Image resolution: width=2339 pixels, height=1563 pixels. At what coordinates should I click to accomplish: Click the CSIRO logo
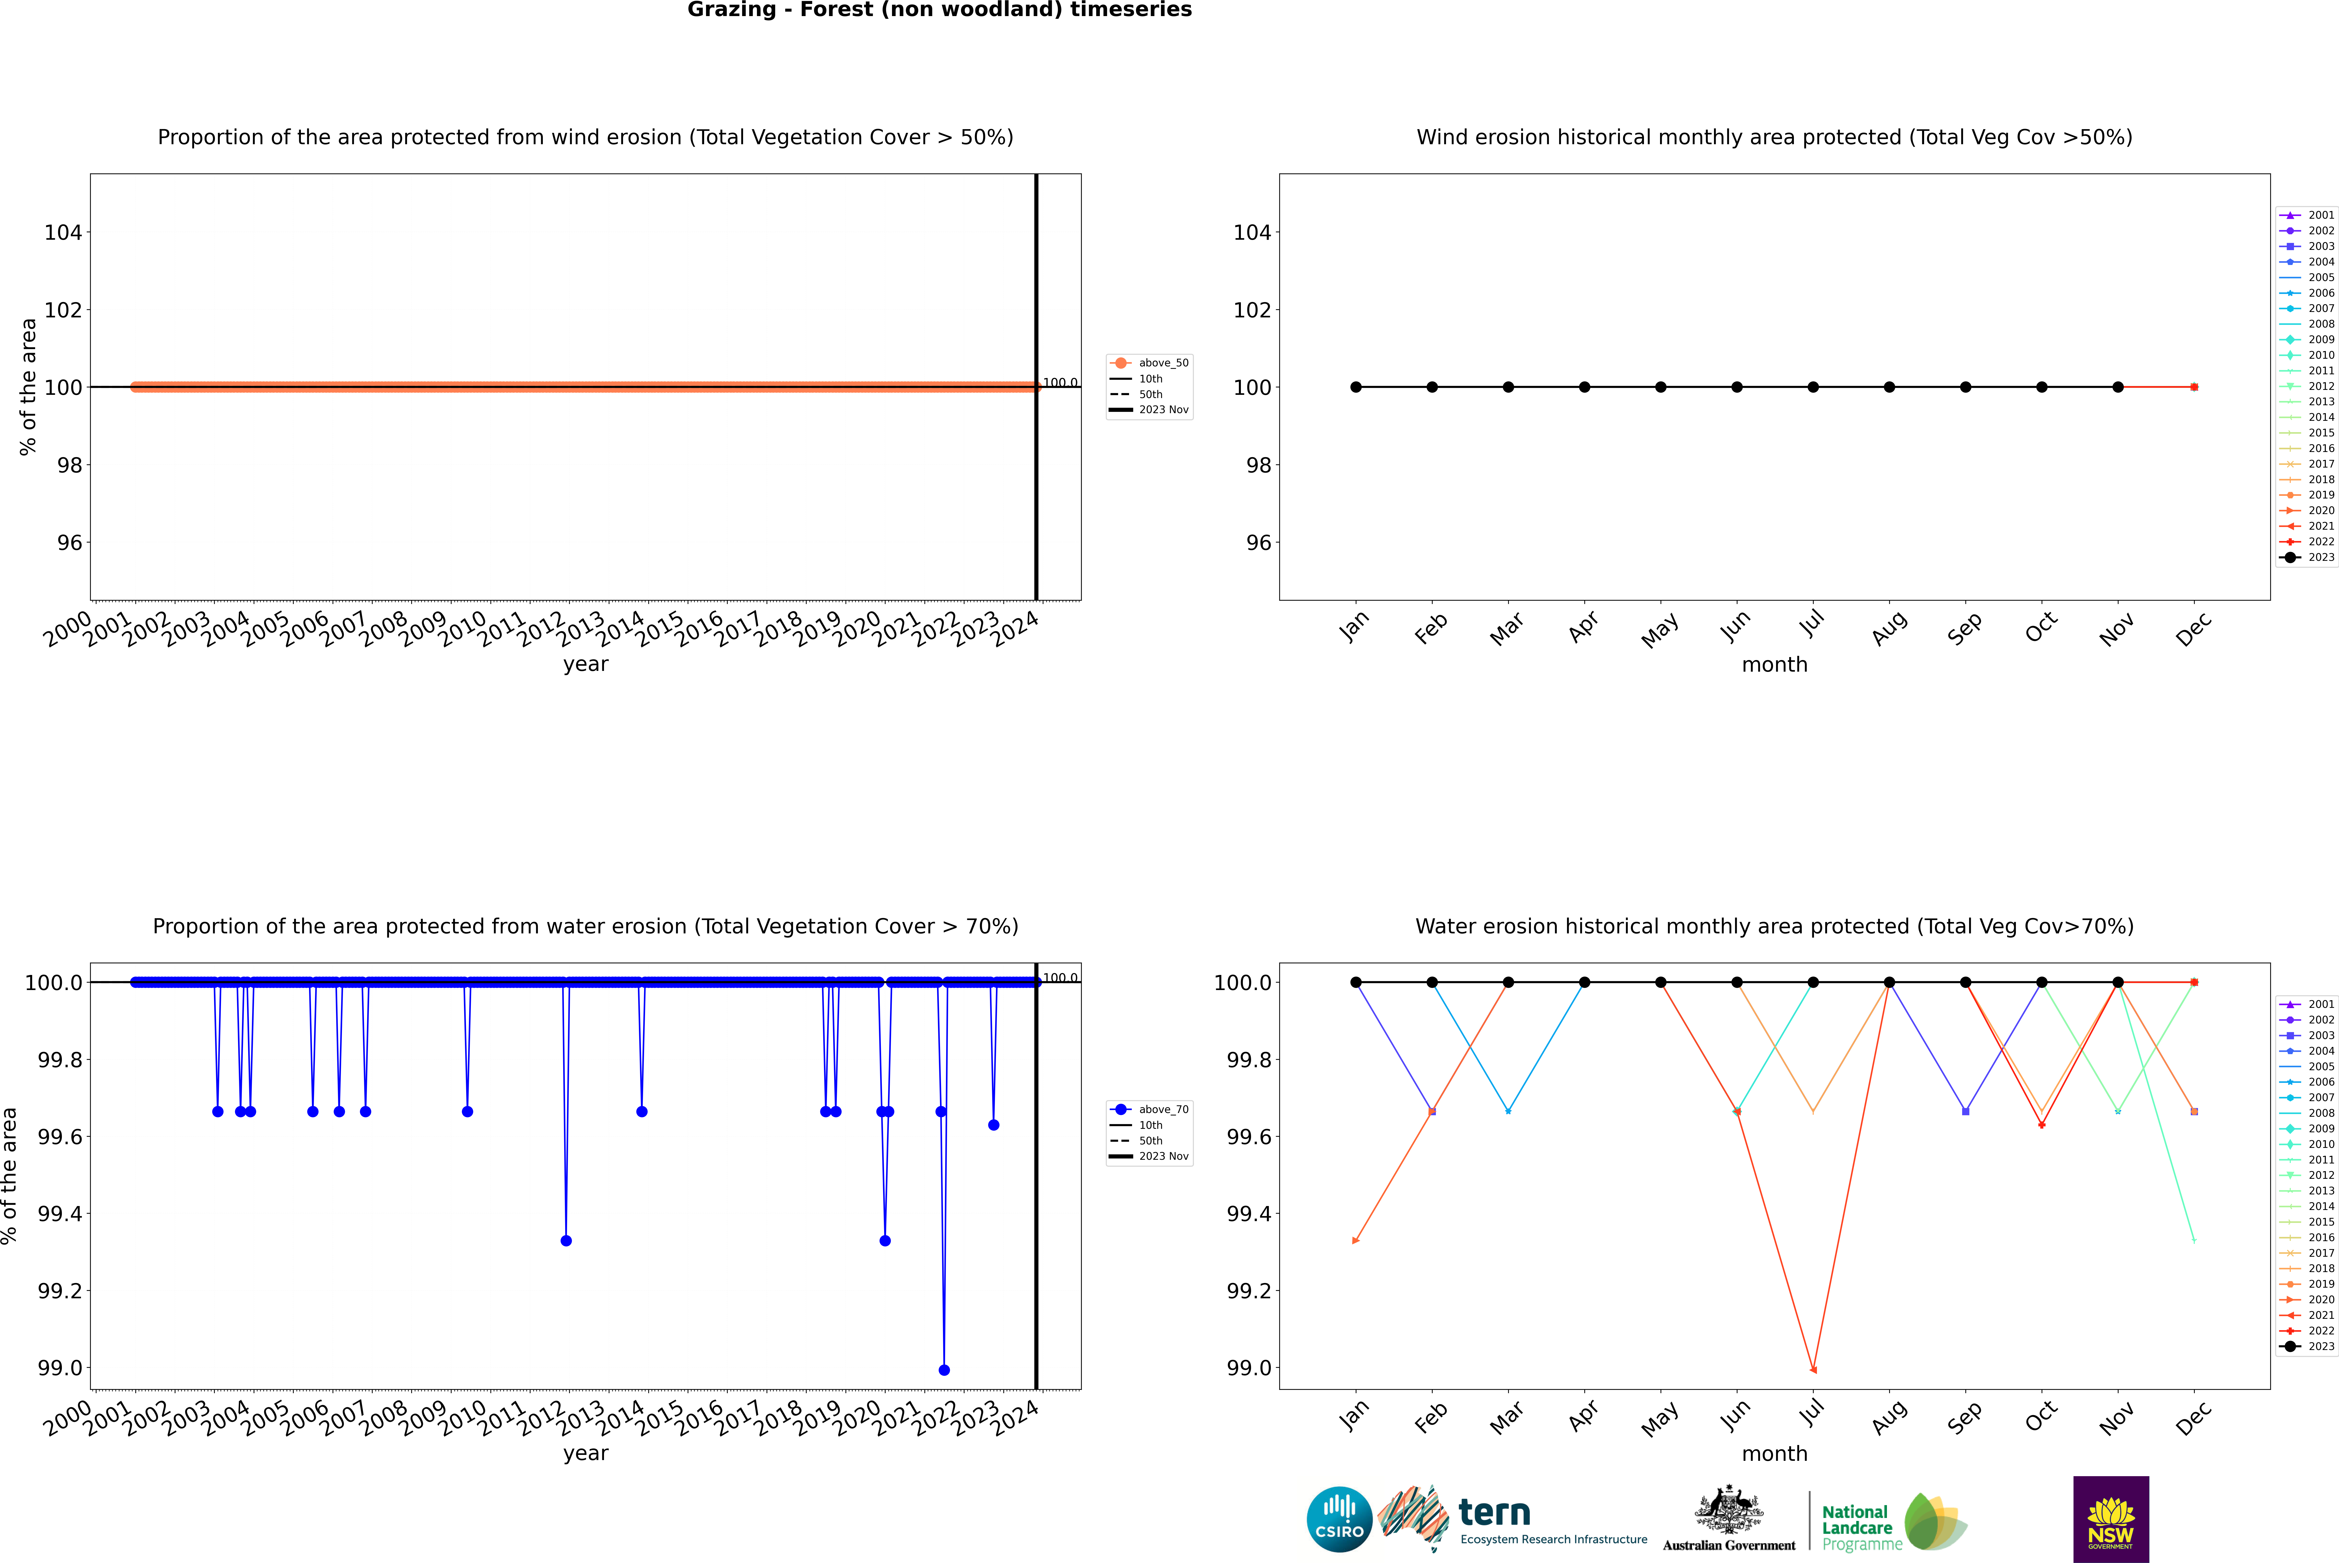tap(1339, 1519)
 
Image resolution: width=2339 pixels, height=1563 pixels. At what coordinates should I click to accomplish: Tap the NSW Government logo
tap(2111, 1519)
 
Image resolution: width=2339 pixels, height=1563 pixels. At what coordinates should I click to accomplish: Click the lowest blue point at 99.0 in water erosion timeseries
tap(944, 1370)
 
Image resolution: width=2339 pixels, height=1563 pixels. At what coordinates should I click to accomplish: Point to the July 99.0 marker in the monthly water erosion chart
tap(1812, 1370)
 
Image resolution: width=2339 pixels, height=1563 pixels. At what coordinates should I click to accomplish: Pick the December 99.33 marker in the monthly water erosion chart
tap(2194, 1240)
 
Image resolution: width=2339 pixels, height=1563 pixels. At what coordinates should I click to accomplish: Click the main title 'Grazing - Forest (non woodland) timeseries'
tap(939, 10)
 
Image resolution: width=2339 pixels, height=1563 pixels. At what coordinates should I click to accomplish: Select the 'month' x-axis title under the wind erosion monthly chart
tap(1774, 665)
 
